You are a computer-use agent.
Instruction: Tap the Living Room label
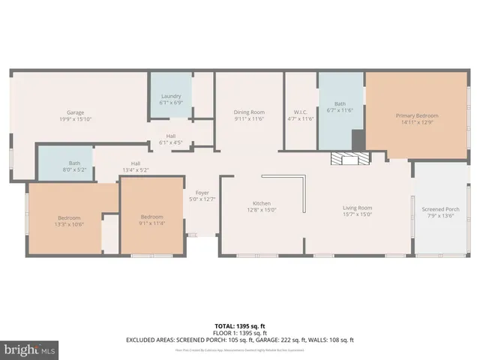click(357, 211)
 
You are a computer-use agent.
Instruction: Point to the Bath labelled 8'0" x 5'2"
click(74, 166)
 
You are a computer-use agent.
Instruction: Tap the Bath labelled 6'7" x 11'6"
click(340, 107)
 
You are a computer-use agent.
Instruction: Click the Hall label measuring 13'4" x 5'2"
click(136, 166)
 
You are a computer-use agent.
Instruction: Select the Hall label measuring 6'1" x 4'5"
click(171, 139)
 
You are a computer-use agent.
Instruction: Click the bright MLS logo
click(30, 349)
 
